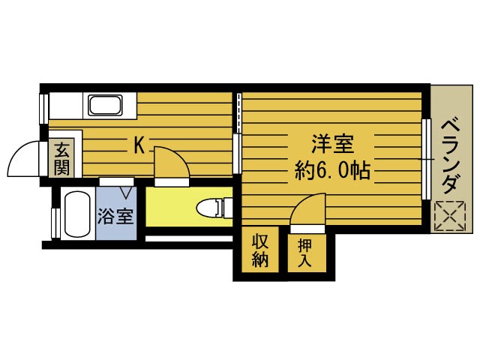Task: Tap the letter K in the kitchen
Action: point(139,145)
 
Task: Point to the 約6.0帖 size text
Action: point(332,170)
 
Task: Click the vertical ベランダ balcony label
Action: point(450,155)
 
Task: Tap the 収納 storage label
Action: point(260,251)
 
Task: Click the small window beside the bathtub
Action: point(55,221)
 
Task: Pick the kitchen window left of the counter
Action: point(43,107)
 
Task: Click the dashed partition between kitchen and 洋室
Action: point(238,113)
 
